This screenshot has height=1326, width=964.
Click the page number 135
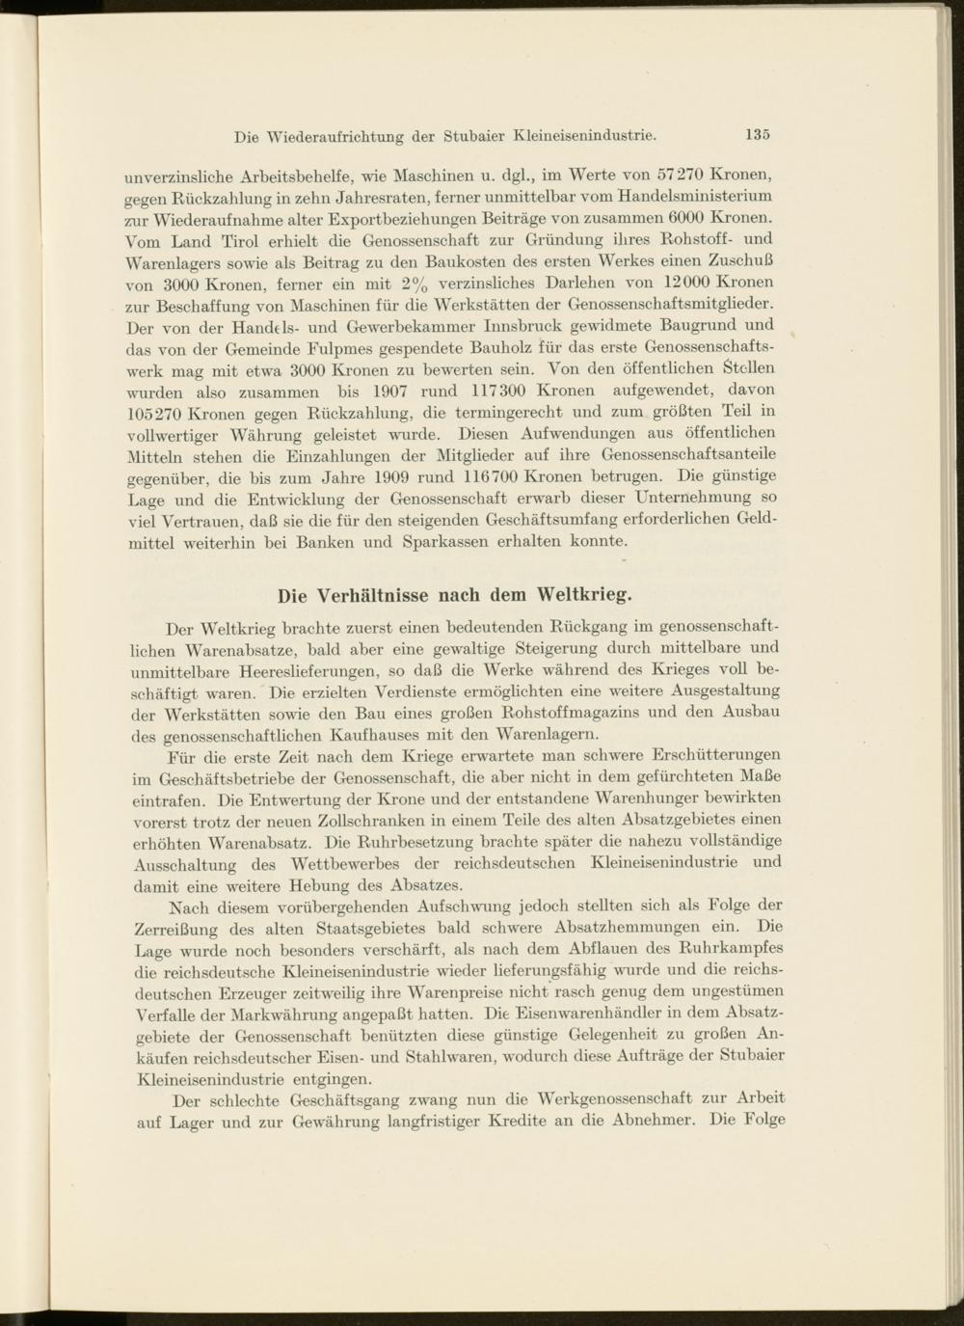click(x=757, y=134)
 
